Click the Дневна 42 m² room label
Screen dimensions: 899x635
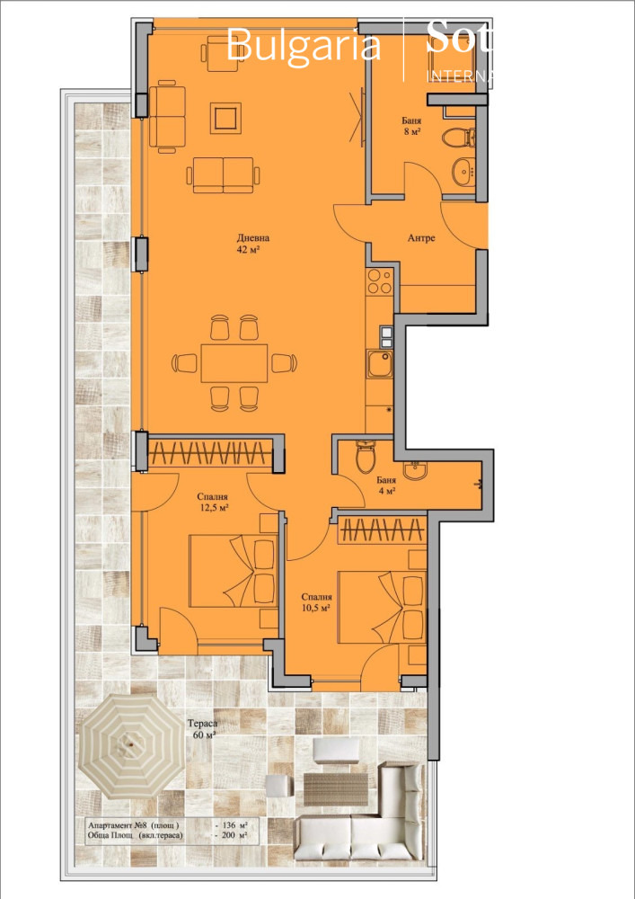pos(253,244)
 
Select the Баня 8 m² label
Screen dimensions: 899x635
pos(411,125)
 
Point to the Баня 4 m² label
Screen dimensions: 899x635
pos(386,486)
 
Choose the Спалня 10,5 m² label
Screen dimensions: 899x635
pos(316,601)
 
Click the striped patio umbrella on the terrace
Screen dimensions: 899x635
pos(132,751)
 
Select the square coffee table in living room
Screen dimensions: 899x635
pos(225,117)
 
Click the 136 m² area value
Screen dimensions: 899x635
pos(236,823)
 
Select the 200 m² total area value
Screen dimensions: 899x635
pos(236,835)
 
